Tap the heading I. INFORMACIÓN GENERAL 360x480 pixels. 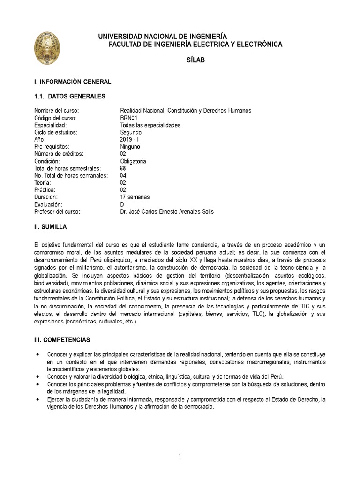point(73,82)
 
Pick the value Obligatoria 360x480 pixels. point(133,161)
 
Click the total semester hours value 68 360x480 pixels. point(123,168)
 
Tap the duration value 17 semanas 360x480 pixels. point(135,197)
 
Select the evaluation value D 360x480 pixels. point(122,204)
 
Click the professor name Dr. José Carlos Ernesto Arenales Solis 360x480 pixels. point(167,212)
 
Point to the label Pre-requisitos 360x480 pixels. point(52,146)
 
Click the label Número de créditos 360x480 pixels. point(59,154)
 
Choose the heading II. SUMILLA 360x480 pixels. point(51,227)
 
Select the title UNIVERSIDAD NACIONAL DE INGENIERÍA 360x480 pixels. point(162,36)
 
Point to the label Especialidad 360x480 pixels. point(50,125)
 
